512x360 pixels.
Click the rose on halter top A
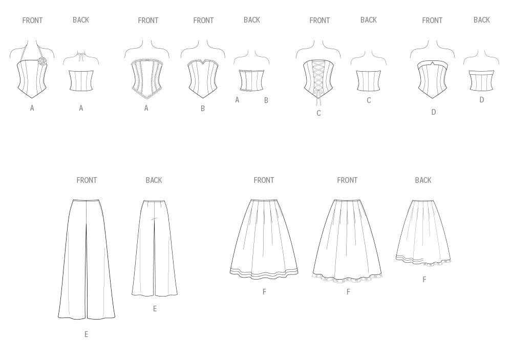coord(42,60)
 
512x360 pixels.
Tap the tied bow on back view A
coord(81,57)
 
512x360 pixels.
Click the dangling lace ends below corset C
coord(317,99)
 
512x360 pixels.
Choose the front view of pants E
coord(87,259)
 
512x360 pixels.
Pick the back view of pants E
coord(155,248)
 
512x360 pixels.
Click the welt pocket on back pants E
coord(154,219)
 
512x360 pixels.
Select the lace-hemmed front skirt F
coord(347,241)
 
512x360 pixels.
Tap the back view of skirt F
coord(423,232)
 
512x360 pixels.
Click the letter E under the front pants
coord(86,334)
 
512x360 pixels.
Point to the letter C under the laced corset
coord(318,113)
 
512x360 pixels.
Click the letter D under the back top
coord(482,100)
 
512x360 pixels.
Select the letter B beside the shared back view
coord(266,100)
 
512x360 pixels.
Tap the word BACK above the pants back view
coord(154,180)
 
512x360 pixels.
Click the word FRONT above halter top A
coord(32,20)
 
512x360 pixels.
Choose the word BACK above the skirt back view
coord(423,180)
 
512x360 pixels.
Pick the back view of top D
coord(482,80)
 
